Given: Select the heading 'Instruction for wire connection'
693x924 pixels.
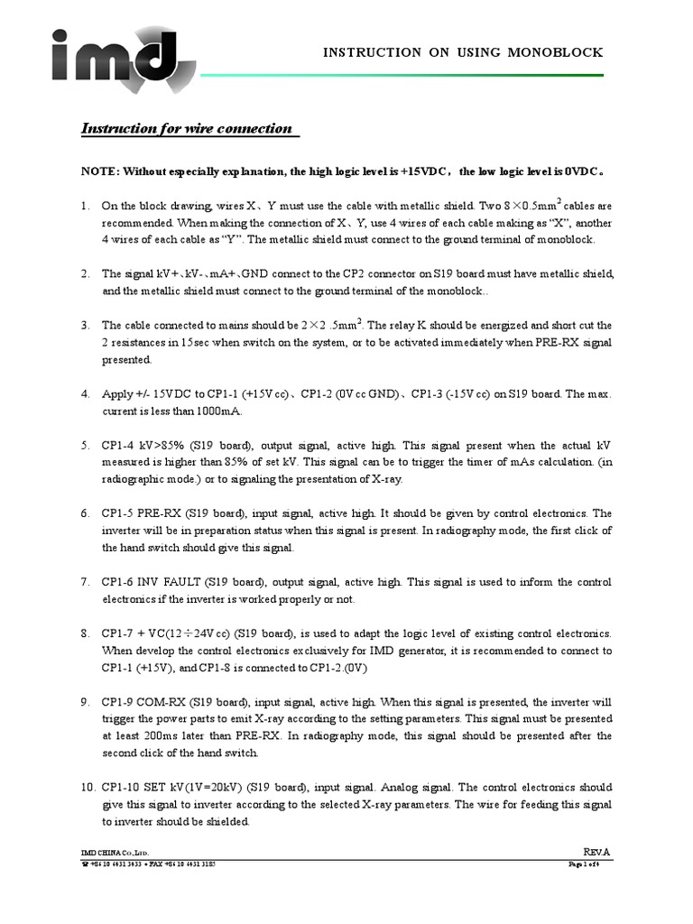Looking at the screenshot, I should coord(187,128).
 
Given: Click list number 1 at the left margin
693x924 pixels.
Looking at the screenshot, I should coord(85,206).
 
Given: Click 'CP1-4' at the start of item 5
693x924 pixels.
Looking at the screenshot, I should coord(118,445).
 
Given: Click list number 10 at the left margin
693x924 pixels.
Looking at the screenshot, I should coord(87,787).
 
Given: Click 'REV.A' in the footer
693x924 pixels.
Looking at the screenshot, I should coord(596,852).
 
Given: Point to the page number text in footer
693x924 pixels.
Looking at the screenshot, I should coord(590,864).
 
